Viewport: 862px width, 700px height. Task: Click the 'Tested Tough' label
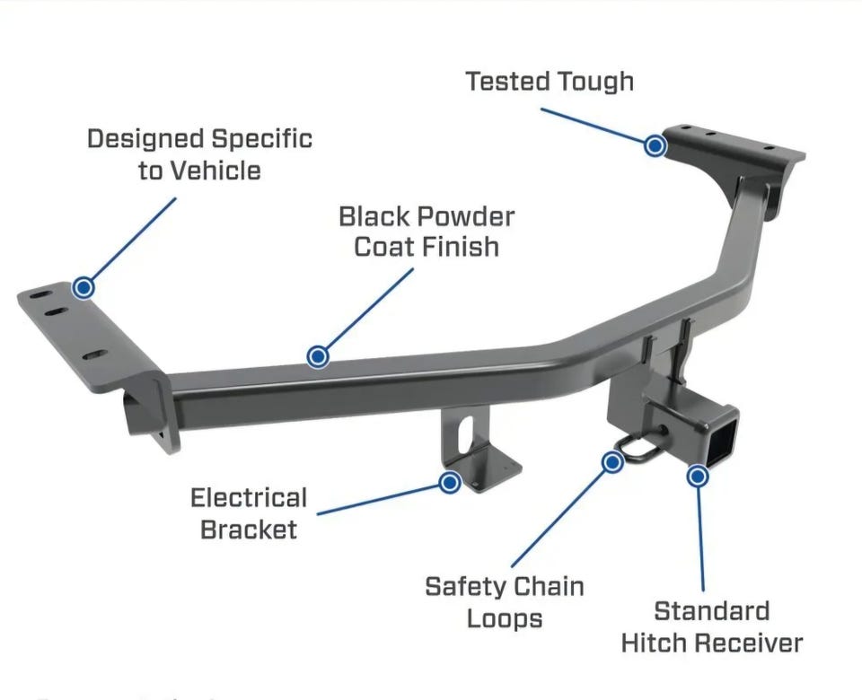pyautogui.click(x=550, y=82)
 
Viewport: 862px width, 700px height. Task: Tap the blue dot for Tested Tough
pyautogui.click(x=655, y=144)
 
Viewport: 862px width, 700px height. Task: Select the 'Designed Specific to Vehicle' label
pyautogui.click(x=199, y=154)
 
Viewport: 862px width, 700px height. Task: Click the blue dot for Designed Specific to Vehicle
pyautogui.click(x=84, y=287)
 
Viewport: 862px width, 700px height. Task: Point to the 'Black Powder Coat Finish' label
pyautogui.click(x=427, y=231)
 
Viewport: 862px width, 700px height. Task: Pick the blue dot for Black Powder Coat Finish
pyautogui.click(x=317, y=356)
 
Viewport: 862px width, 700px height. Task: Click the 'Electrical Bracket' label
pyautogui.click(x=249, y=512)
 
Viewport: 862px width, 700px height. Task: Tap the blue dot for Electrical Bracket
pyautogui.click(x=450, y=482)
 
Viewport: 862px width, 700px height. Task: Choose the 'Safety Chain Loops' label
pyautogui.click(x=504, y=602)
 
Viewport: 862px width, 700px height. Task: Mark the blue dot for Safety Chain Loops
pyautogui.click(x=612, y=462)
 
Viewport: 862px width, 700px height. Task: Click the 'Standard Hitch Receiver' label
pyautogui.click(x=711, y=626)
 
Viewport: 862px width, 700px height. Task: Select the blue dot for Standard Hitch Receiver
pyautogui.click(x=698, y=475)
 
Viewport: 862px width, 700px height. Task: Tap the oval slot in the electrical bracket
pyautogui.click(x=463, y=434)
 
